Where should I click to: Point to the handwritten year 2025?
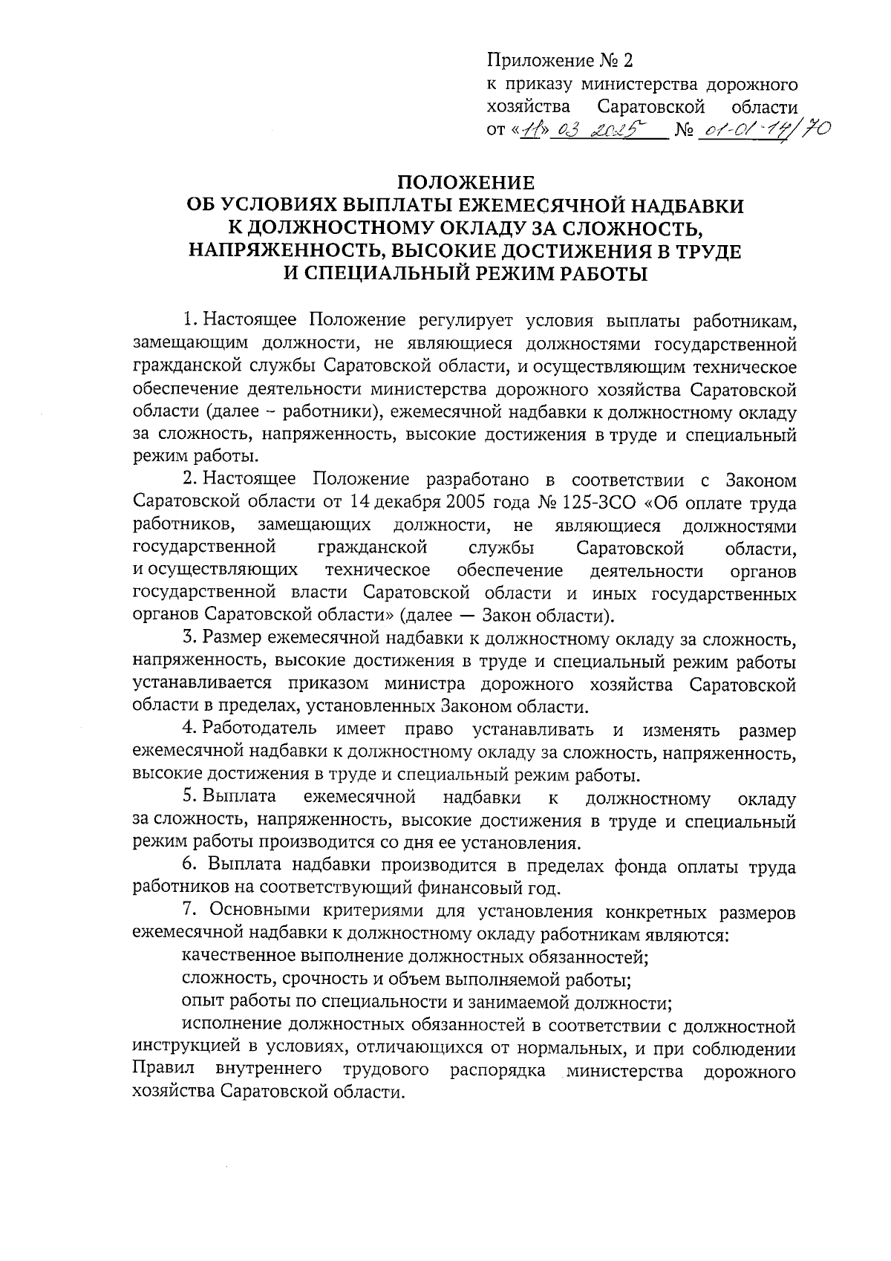click(624, 131)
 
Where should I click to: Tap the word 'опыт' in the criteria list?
click(201, 1003)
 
